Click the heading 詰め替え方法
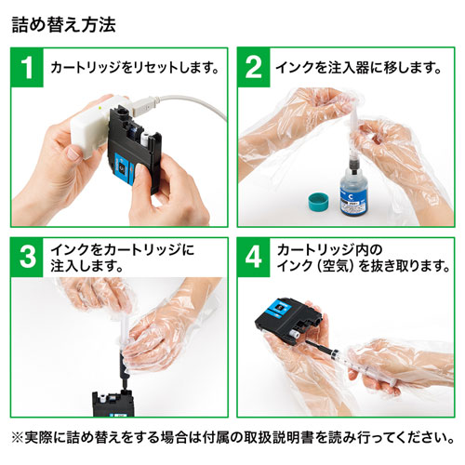click(64, 22)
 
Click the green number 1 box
click(29, 68)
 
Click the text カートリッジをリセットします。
click(133, 68)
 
